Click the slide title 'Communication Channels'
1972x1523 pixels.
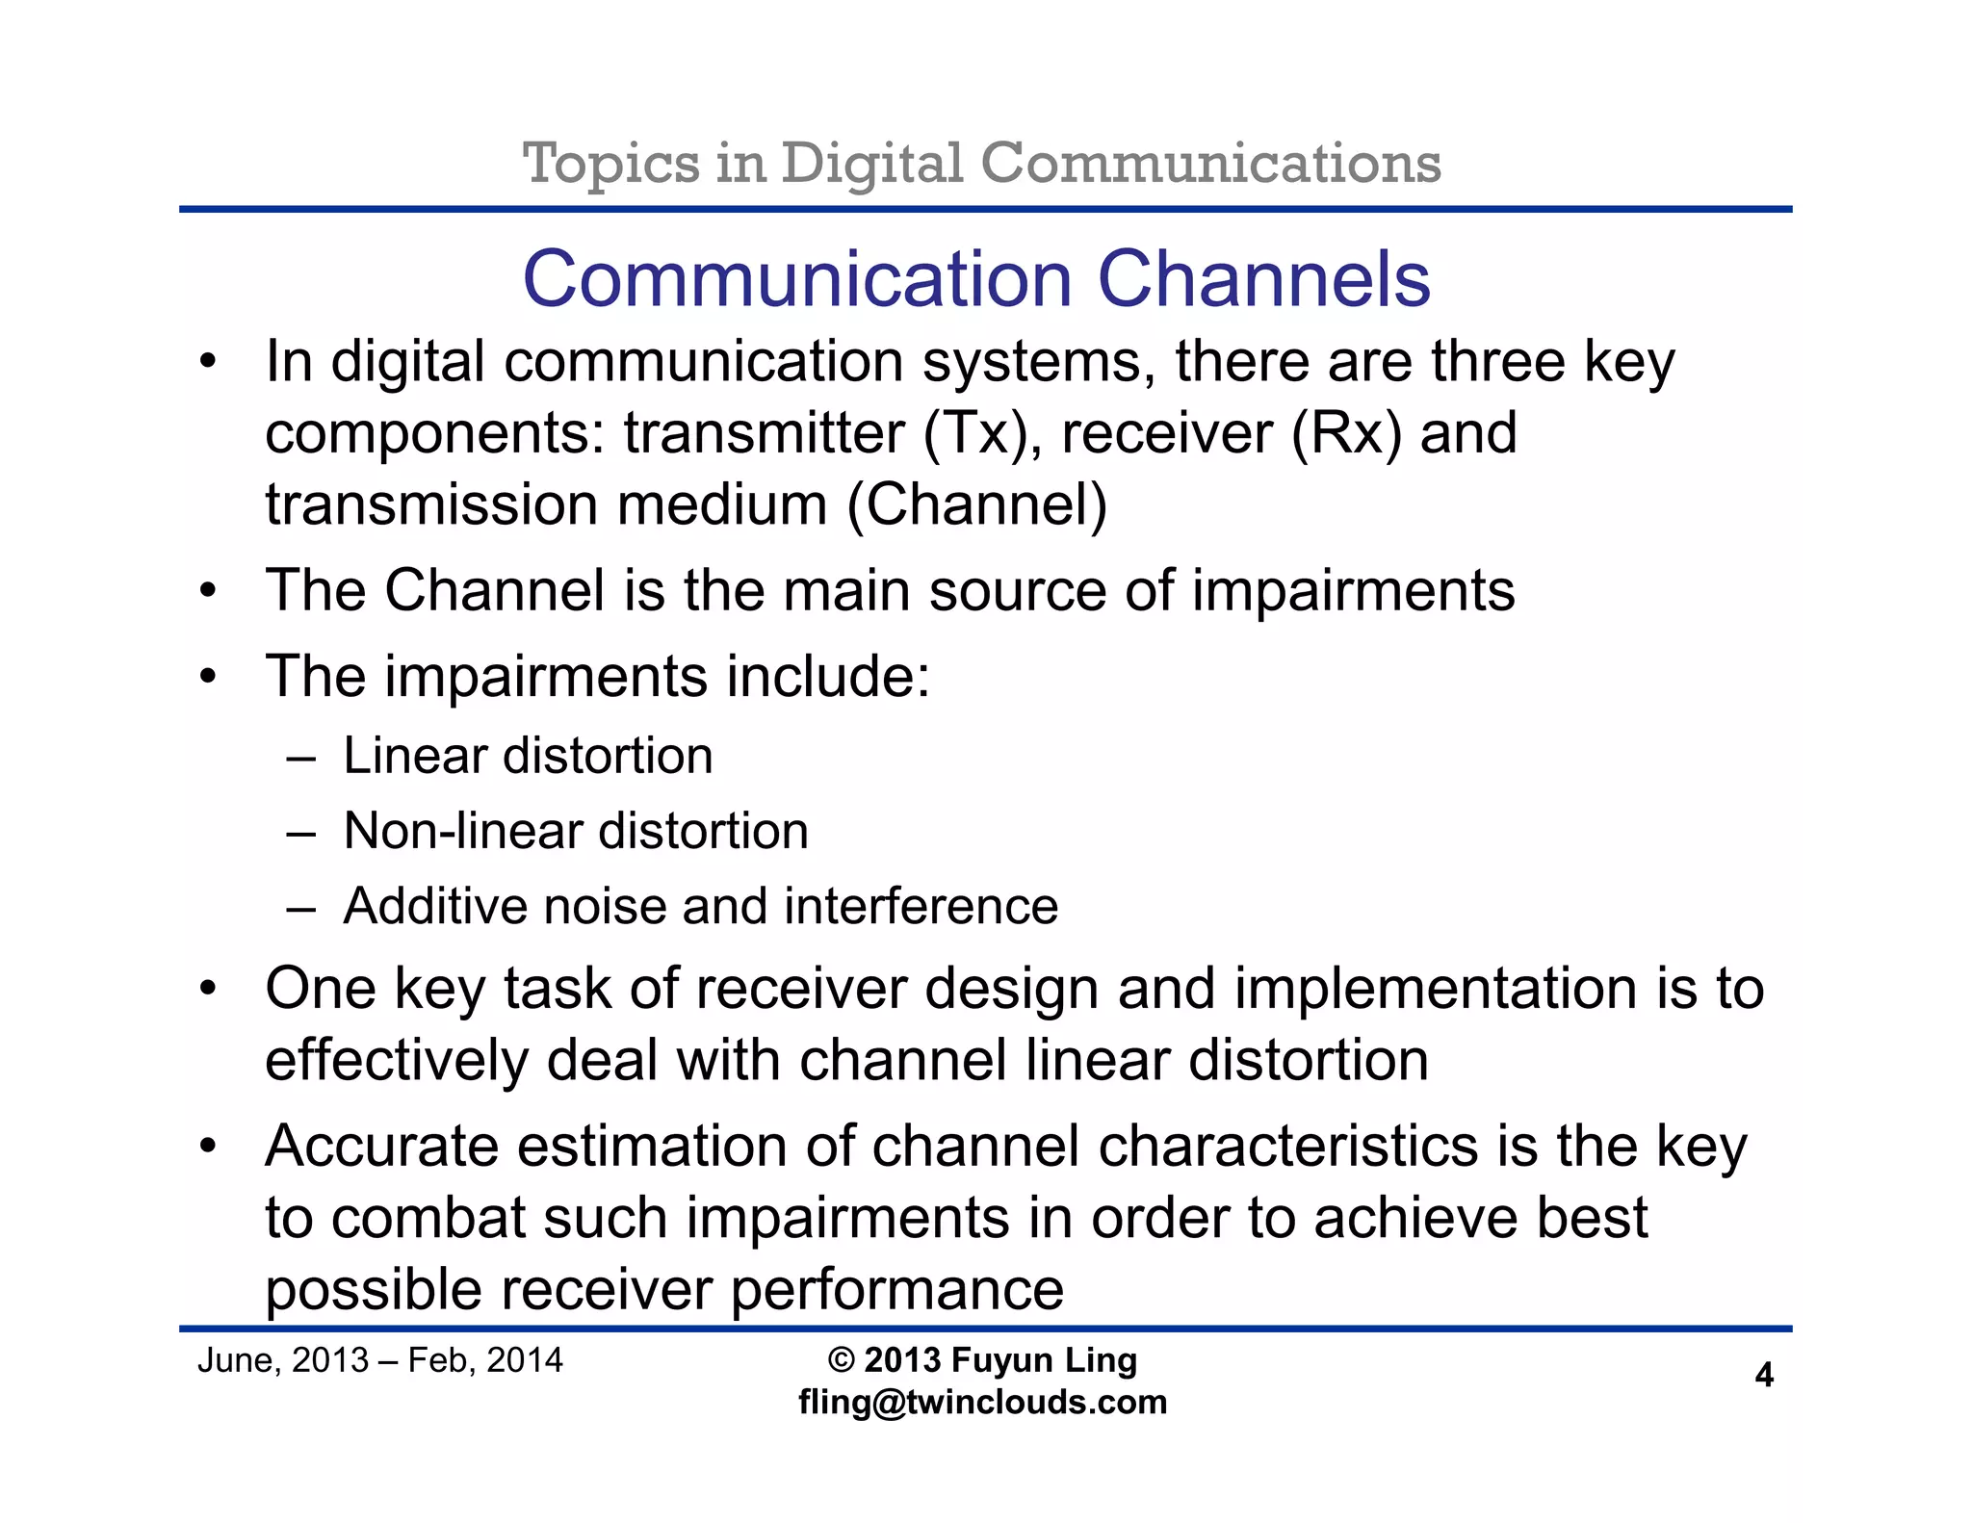point(975,279)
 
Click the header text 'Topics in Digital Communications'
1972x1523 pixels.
point(981,163)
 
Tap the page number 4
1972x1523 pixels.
point(1764,1375)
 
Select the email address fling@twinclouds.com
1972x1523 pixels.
point(982,1402)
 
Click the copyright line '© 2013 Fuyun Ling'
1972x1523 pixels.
point(982,1359)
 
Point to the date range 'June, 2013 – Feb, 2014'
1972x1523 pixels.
point(380,1359)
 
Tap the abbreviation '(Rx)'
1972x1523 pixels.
point(1345,433)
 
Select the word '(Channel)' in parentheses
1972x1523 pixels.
point(976,505)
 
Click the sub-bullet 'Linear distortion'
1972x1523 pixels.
point(528,756)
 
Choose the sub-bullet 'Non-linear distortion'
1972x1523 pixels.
point(576,831)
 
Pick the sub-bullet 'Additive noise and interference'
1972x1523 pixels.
point(701,906)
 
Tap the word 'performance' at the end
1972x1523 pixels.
point(896,1290)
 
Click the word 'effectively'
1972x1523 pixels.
point(396,1061)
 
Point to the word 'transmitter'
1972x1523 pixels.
point(764,433)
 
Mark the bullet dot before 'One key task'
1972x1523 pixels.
point(207,990)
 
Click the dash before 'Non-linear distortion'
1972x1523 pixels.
point(300,833)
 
